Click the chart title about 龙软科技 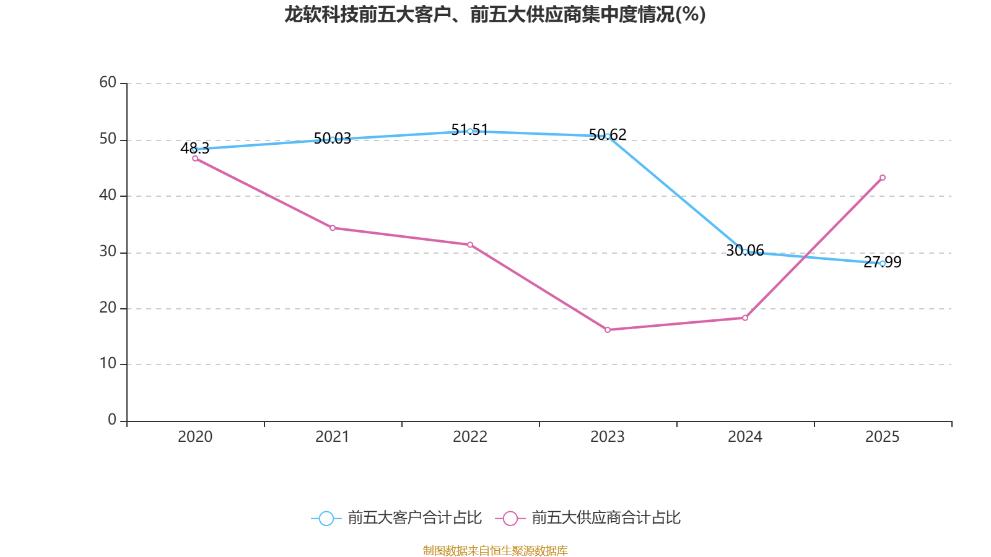tap(495, 14)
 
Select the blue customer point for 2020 tap(194, 150)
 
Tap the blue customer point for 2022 tap(470, 131)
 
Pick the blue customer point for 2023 tap(608, 136)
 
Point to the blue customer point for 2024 tap(745, 252)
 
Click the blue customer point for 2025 tap(883, 264)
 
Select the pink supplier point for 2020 tap(195, 158)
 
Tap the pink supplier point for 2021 tap(333, 228)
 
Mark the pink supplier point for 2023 tap(608, 330)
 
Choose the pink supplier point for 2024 tap(745, 318)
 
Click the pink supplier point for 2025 tap(883, 178)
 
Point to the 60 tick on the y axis tap(108, 83)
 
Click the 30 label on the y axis tap(108, 252)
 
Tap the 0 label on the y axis tap(112, 420)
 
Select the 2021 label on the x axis tap(333, 437)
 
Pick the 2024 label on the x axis tap(745, 437)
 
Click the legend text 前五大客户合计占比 tap(414, 518)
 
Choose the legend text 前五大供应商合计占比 tap(606, 518)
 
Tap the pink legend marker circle tap(510, 519)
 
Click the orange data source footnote tap(495, 551)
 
